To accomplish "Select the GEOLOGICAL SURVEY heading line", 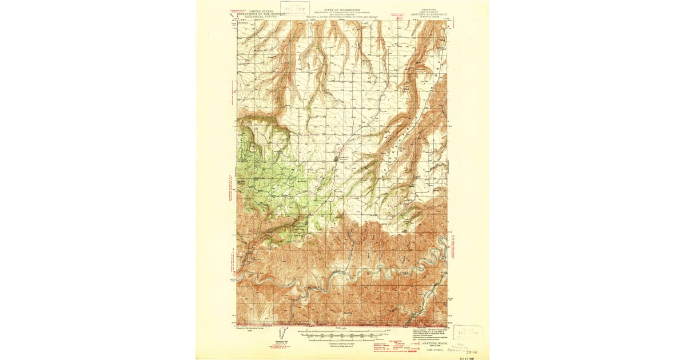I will (x=261, y=17).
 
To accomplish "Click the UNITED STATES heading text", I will (x=261, y=11).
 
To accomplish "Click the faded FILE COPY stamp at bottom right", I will (x=468, y=332).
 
